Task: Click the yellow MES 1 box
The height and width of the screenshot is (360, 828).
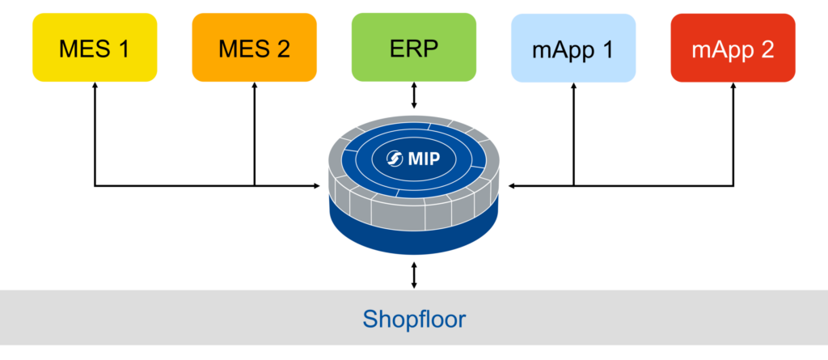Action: coord(94,47)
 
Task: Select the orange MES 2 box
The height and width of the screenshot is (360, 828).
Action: coord(254,47)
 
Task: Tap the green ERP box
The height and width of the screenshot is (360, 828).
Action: coord(414,47)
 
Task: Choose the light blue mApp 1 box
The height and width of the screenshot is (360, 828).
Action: coord(573,47)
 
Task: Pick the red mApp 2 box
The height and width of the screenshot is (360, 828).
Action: coord(733,47)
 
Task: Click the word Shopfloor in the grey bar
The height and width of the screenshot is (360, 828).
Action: coord(414,319)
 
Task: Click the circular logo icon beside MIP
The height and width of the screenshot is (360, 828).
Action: coord(396,157)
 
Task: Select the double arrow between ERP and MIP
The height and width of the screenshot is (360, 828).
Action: coord(414,95)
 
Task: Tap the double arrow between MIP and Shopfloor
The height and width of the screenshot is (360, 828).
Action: coord(414,275)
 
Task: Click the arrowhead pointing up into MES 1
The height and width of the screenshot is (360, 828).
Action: coord(95,87)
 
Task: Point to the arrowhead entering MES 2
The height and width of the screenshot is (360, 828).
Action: coord(255,87)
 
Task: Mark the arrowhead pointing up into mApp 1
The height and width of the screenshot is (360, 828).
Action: coord(573,87)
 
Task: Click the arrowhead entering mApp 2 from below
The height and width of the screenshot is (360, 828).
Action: coord(733,87)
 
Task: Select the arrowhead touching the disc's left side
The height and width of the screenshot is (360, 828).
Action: coord(315,186)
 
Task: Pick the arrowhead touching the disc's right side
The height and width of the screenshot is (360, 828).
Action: coord(513,186)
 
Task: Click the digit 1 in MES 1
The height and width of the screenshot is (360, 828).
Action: coord(123,48)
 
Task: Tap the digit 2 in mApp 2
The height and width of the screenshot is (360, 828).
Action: coord(767,48)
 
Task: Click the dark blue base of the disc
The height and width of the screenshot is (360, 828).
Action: coord(414,239)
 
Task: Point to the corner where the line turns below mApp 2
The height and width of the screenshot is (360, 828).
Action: coord(733,186)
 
